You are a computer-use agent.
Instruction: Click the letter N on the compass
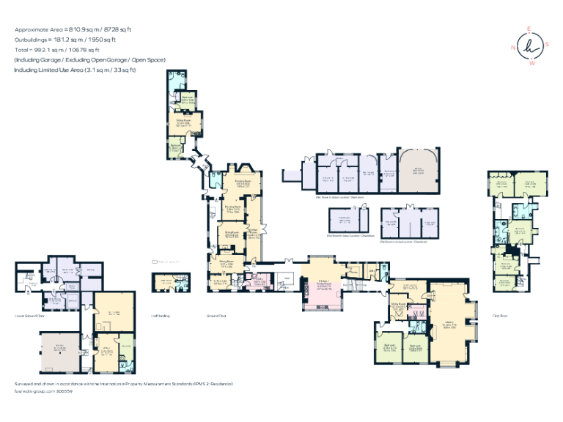[514, 47]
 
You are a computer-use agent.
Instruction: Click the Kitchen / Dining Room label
[323, 285]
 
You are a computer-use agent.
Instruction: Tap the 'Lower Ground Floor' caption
[29, 316]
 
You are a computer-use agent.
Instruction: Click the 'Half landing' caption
[161, 316]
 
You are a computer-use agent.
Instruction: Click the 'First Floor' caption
[501, 316]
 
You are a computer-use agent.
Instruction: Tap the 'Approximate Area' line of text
[73, 29]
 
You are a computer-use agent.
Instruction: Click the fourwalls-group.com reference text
[43, 391]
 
